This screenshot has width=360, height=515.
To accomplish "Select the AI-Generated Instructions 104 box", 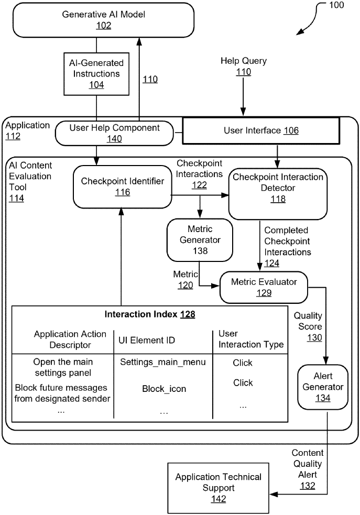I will click(x=96, y=74).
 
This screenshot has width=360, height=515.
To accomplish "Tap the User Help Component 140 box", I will click(x=114, y=133).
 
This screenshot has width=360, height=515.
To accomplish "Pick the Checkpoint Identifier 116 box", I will click(x=123, y=187).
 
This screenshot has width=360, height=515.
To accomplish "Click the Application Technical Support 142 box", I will click(x=218, y=487).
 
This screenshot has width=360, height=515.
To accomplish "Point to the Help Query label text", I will click(x=243, y=61).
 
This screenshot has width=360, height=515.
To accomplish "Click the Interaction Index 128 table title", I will click(x=150, y=314).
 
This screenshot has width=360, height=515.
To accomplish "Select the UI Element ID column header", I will click(x=147, y=341).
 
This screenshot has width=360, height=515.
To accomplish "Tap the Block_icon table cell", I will click(x=163, y=389).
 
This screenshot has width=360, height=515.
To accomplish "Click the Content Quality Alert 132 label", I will click(x=308, y=469).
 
